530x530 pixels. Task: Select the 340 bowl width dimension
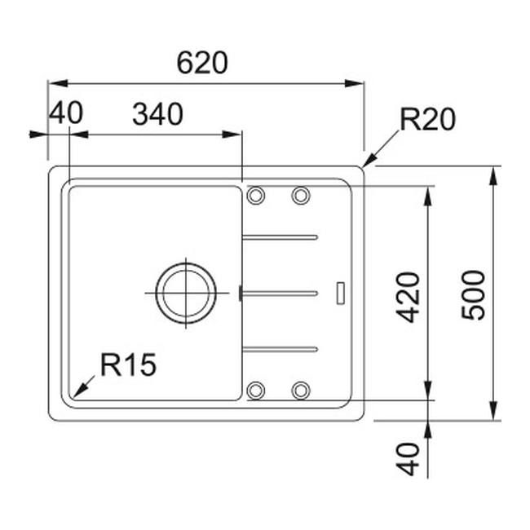157,115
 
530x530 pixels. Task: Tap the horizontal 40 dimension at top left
65,113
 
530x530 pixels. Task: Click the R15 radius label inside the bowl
128,365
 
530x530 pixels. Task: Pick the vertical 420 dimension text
410,295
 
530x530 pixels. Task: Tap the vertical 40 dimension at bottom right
410,458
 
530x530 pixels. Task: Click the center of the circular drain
187,291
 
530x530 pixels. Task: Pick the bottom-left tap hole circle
256,390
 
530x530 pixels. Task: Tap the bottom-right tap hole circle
301,390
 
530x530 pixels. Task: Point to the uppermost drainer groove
280,237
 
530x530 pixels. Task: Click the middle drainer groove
280,291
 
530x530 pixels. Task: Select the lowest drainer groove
280,348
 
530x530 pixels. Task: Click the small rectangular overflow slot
341,291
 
